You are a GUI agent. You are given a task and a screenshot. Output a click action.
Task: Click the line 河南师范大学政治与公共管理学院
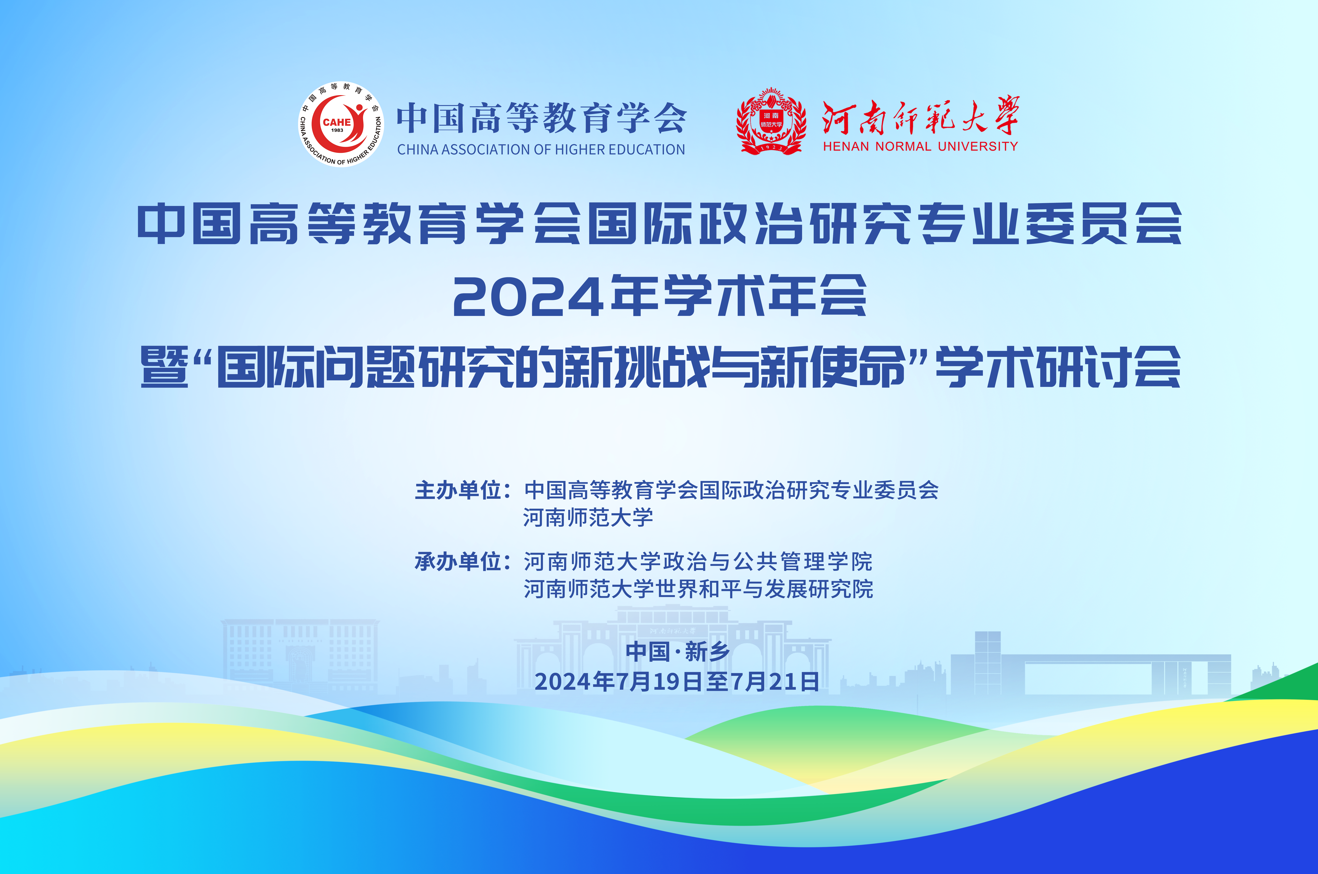click(698, 561)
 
